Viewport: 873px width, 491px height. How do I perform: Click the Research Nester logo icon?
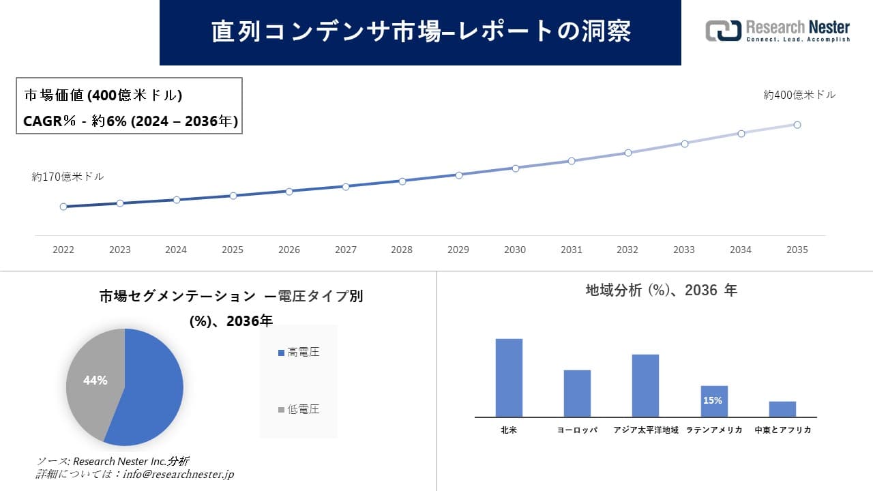pos(724,31)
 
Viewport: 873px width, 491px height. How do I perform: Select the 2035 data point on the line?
pos(797,125)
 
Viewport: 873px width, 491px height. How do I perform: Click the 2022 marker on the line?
pos(63,207)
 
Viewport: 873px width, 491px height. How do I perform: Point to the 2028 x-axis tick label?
pos(402,250)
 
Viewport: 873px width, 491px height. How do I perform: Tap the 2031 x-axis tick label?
pos(571,250)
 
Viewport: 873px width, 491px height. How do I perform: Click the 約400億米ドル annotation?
pos(799,95)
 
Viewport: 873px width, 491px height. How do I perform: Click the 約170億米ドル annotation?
pos(68,177)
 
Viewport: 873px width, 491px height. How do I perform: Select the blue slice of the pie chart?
pos(153,389)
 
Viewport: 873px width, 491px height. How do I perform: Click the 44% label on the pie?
pos(95,381)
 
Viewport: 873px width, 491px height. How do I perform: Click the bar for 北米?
pos(509,378)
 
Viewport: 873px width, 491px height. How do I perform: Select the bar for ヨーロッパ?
pos(577,393)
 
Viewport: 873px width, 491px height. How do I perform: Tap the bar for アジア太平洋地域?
pos(645,385)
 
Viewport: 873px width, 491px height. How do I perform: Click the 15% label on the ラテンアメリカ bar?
pos(713,401)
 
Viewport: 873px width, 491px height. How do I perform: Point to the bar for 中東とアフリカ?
pos(782,409)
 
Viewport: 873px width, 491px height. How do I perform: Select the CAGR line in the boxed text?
pos(130,121)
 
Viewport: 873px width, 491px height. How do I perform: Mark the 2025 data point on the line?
pos(233,196)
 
